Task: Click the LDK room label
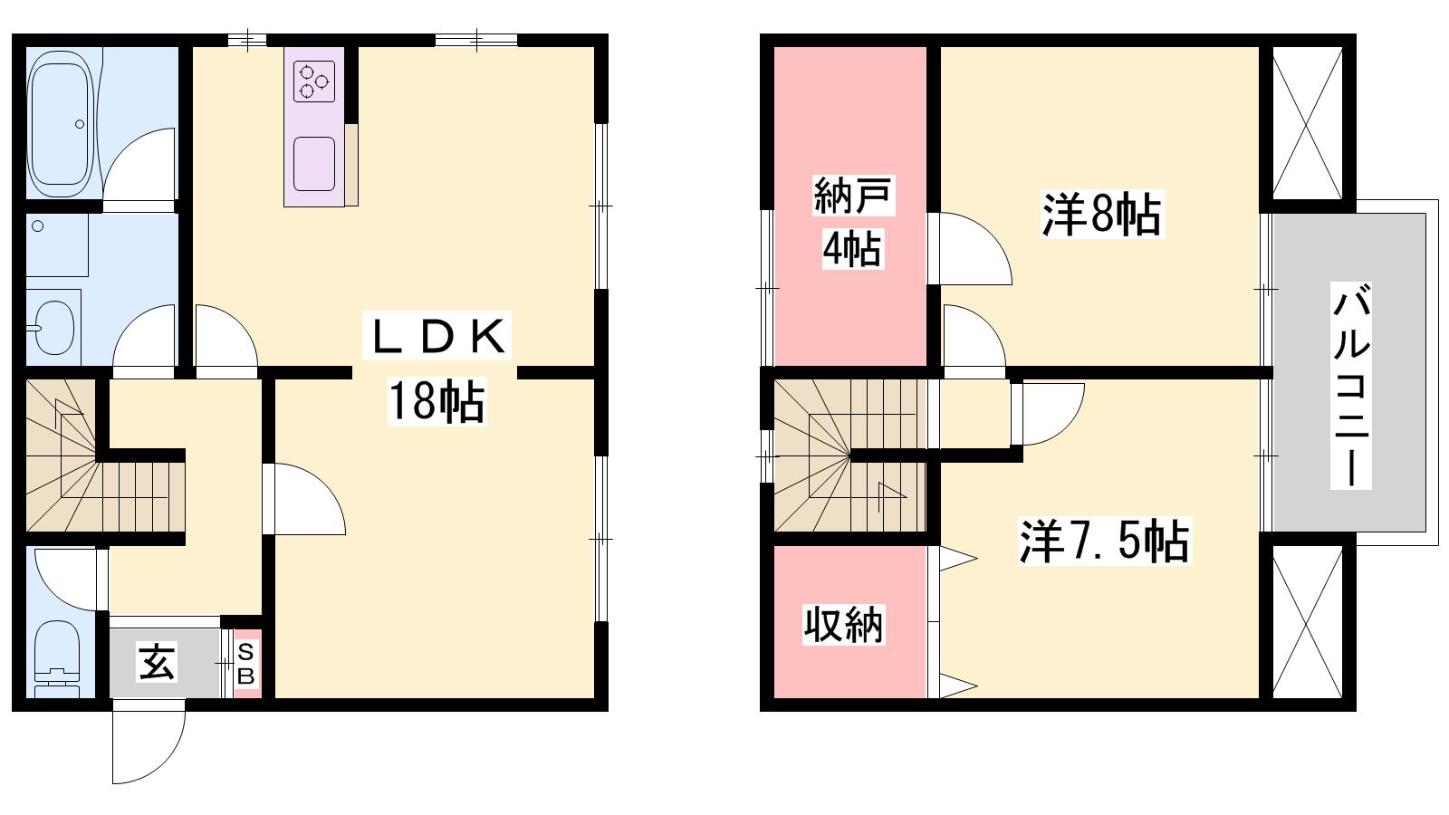[437, 337]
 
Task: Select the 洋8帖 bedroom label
[1101, 216]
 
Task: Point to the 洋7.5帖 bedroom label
[1104, 542]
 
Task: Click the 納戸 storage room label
[852, 196]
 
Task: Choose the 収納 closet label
[843, 625]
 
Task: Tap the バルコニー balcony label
[1350, 386]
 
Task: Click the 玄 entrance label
[157, 662]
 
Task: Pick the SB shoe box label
[246, 664]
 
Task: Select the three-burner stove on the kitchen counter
[314, 81]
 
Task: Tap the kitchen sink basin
[314, 164]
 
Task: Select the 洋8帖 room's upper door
[974, 248]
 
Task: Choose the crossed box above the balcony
[1307, 123]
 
